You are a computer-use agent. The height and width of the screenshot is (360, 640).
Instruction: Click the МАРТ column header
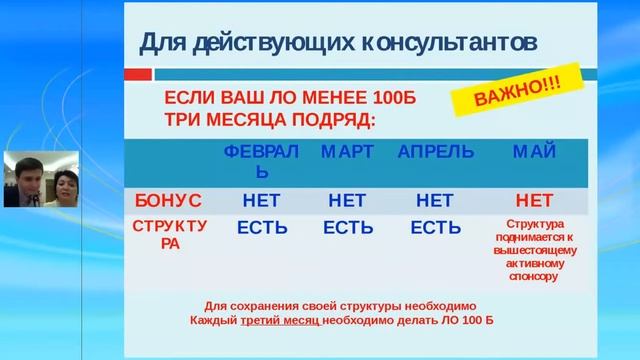(347, 152)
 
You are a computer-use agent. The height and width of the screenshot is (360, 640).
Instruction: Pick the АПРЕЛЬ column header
(435, 152)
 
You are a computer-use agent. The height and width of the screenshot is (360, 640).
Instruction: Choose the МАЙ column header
(534, 152)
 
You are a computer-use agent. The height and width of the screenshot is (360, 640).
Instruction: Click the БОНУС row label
(167, 200)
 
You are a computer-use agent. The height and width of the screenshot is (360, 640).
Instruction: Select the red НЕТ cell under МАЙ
(534, 200)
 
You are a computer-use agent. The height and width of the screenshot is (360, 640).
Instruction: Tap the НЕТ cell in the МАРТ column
(347, 200)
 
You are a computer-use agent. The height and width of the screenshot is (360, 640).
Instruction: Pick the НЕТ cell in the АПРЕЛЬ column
(435, 200)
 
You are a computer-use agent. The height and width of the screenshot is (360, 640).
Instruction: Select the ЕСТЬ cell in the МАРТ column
(347, 228)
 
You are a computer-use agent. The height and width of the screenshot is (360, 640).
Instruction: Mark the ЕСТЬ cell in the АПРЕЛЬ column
(435, 228)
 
